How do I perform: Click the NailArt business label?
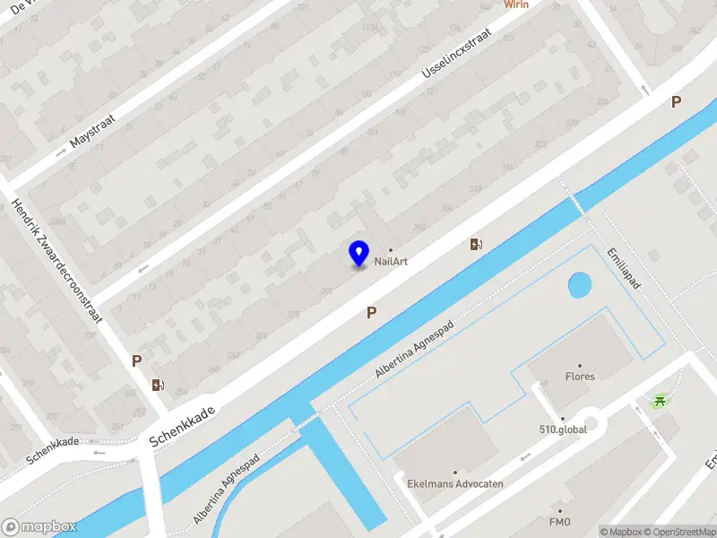tap(392, 261)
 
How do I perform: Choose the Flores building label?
tap(580, 377)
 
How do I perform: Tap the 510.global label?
tap(563, 430)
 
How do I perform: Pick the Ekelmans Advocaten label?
tap(455, 483)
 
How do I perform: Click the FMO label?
tap(560, 522)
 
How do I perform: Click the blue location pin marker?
tap(358, 253)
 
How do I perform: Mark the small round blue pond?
tap(580, 286)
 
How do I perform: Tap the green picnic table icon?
tap(661, 401)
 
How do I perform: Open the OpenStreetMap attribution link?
tap(680, 532)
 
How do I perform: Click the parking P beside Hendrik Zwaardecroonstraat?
tap(136, 360)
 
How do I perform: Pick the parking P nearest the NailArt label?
tap(371, 312)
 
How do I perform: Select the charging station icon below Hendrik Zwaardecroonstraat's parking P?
tap(158, 386)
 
